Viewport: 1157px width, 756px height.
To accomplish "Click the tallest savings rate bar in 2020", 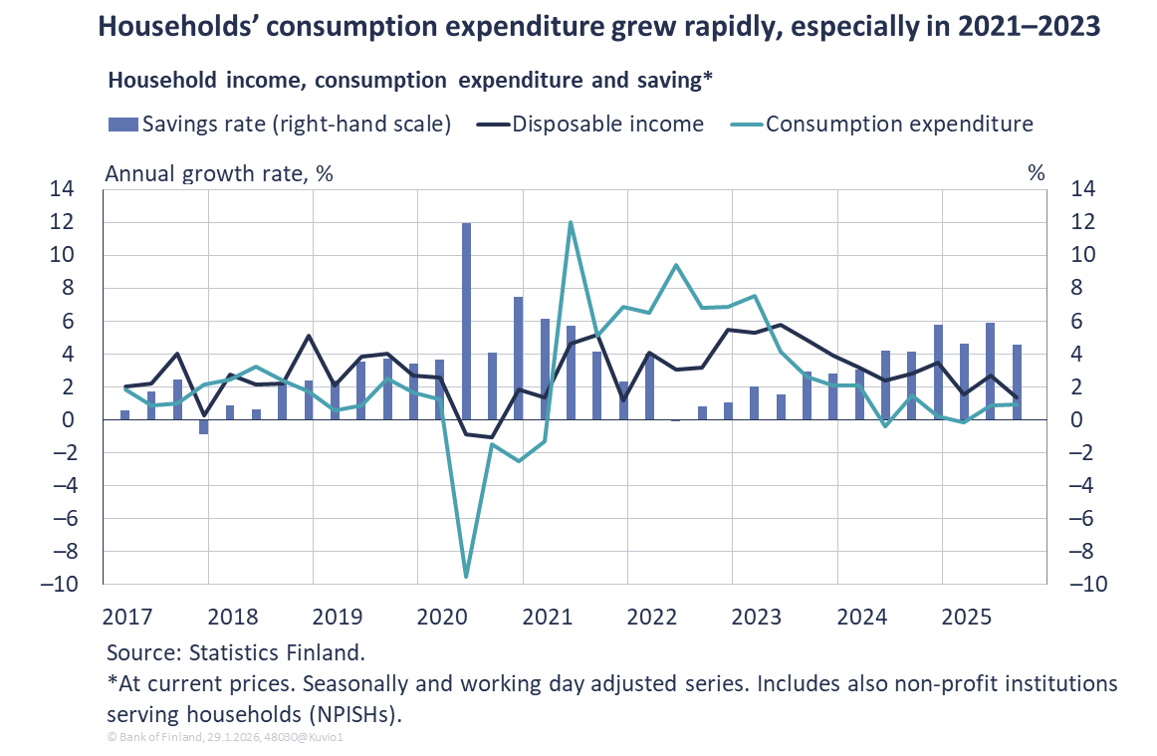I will [x=466, y=321].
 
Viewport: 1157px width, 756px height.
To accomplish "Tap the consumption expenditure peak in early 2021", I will [x=571, y=222].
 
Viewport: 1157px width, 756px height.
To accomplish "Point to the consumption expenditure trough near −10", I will [x=466, y=576].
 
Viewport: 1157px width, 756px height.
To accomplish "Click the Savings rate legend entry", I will [x=280, y=125].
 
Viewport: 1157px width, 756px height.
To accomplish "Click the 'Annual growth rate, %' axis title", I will [x=219, y=172].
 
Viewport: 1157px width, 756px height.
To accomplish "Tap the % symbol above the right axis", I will [x=1037, y=172].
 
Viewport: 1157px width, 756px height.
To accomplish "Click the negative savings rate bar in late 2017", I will [x=203, y=426].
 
